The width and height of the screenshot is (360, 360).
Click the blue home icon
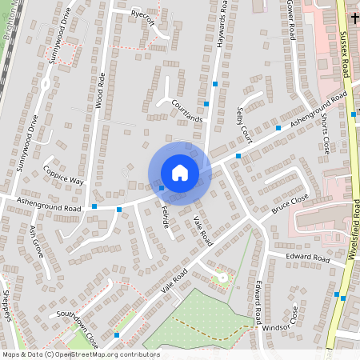(x=179, y=173)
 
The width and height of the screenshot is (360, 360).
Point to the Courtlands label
(x=187, y=110)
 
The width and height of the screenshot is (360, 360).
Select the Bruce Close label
(x=289, y=205)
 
